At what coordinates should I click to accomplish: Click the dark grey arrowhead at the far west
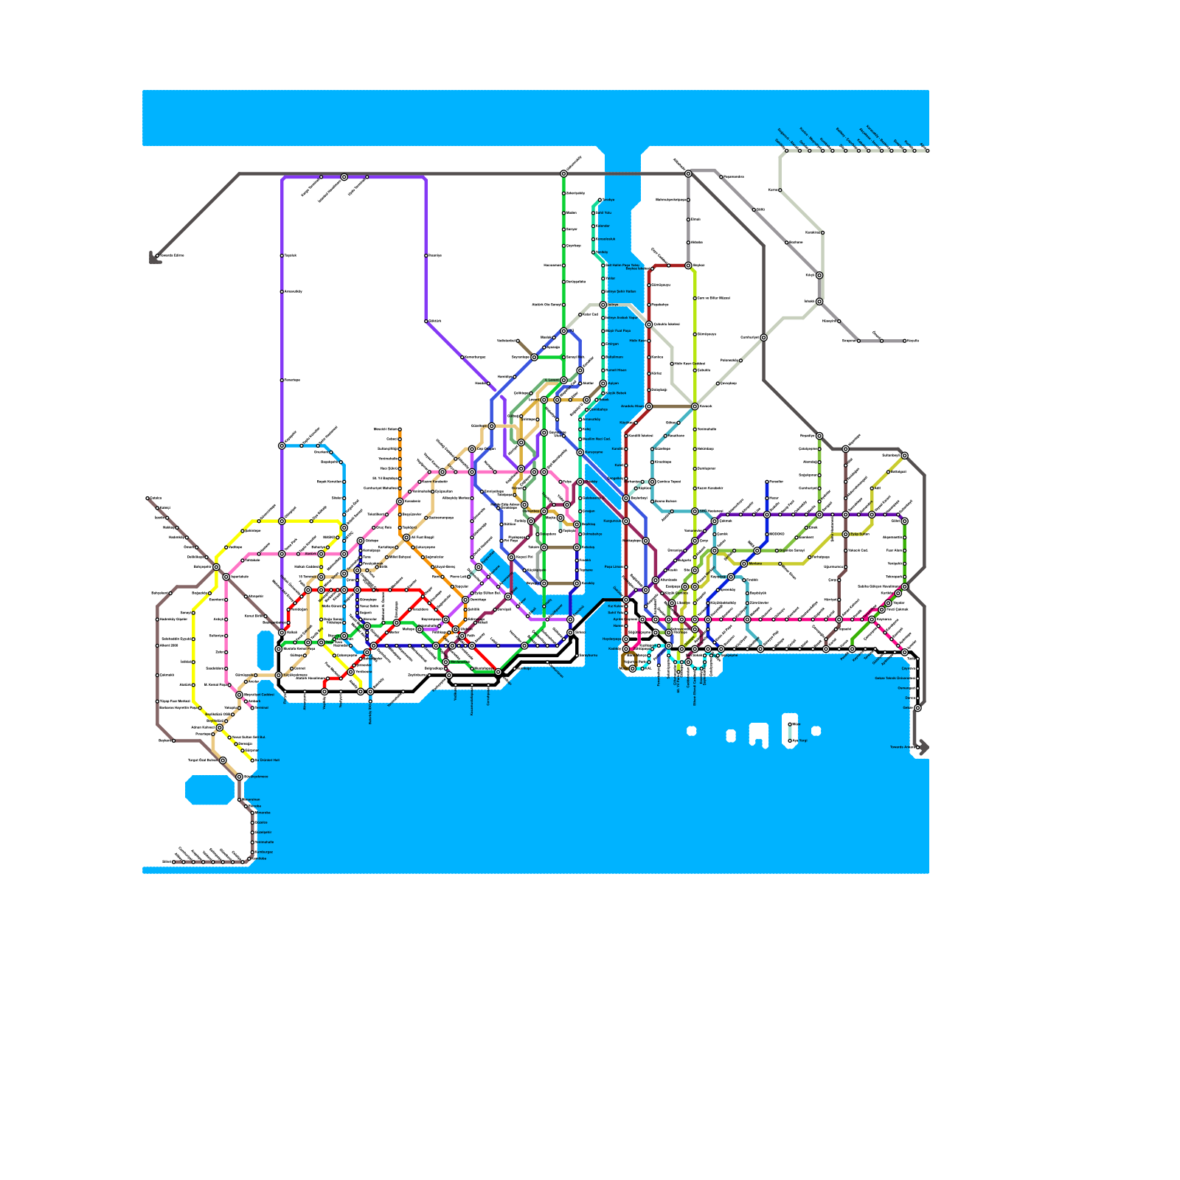point(154,258)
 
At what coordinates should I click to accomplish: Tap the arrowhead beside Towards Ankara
point(923,747)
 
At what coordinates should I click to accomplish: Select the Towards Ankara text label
point(901,747)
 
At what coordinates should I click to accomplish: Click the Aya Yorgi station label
point(799,740)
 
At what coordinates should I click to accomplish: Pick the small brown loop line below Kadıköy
point(629,660)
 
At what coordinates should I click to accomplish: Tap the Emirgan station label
point(611,344)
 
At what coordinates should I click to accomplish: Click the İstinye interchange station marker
point(603,305)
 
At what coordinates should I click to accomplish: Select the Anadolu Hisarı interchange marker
point(649,406)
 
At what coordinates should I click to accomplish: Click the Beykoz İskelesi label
point(639,268)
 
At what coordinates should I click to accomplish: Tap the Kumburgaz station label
point(264,852)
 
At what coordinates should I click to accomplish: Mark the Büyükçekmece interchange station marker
point(239,777)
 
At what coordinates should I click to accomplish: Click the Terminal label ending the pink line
point(262,707)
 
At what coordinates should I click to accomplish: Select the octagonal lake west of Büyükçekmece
point(210,790)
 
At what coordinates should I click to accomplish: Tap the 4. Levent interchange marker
point(563,381)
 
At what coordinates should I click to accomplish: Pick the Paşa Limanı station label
point(614,567)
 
